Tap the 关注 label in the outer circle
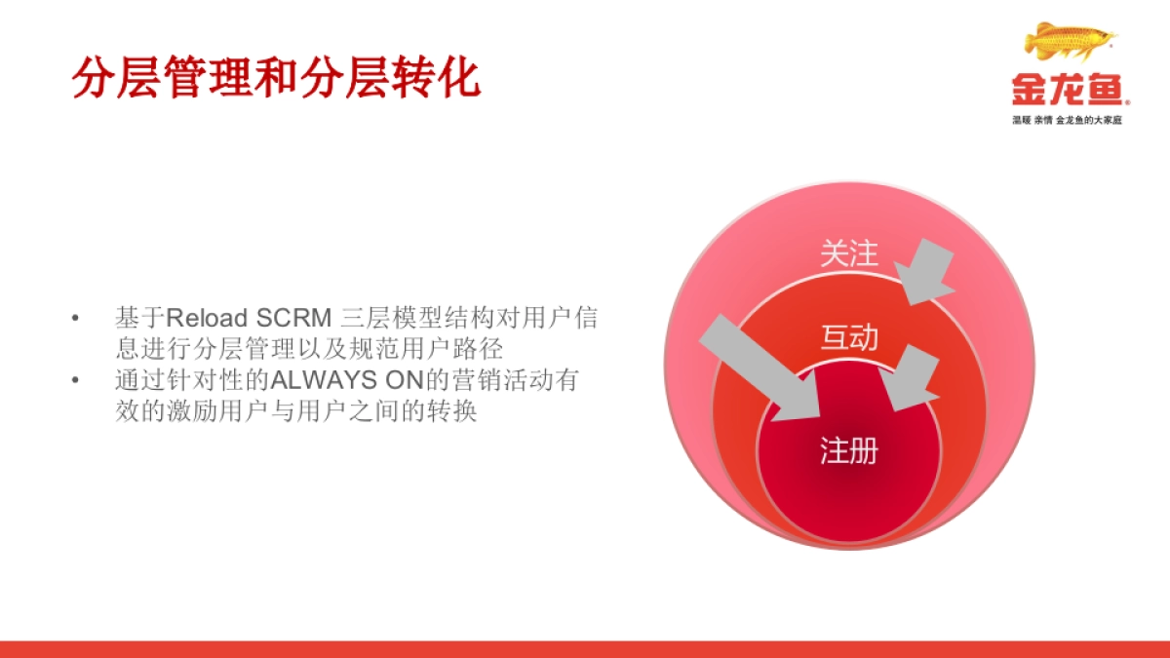click(848, 254)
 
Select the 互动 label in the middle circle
click(848, 337)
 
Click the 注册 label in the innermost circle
click(848, 450)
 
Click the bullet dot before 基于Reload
click(74, 319)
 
